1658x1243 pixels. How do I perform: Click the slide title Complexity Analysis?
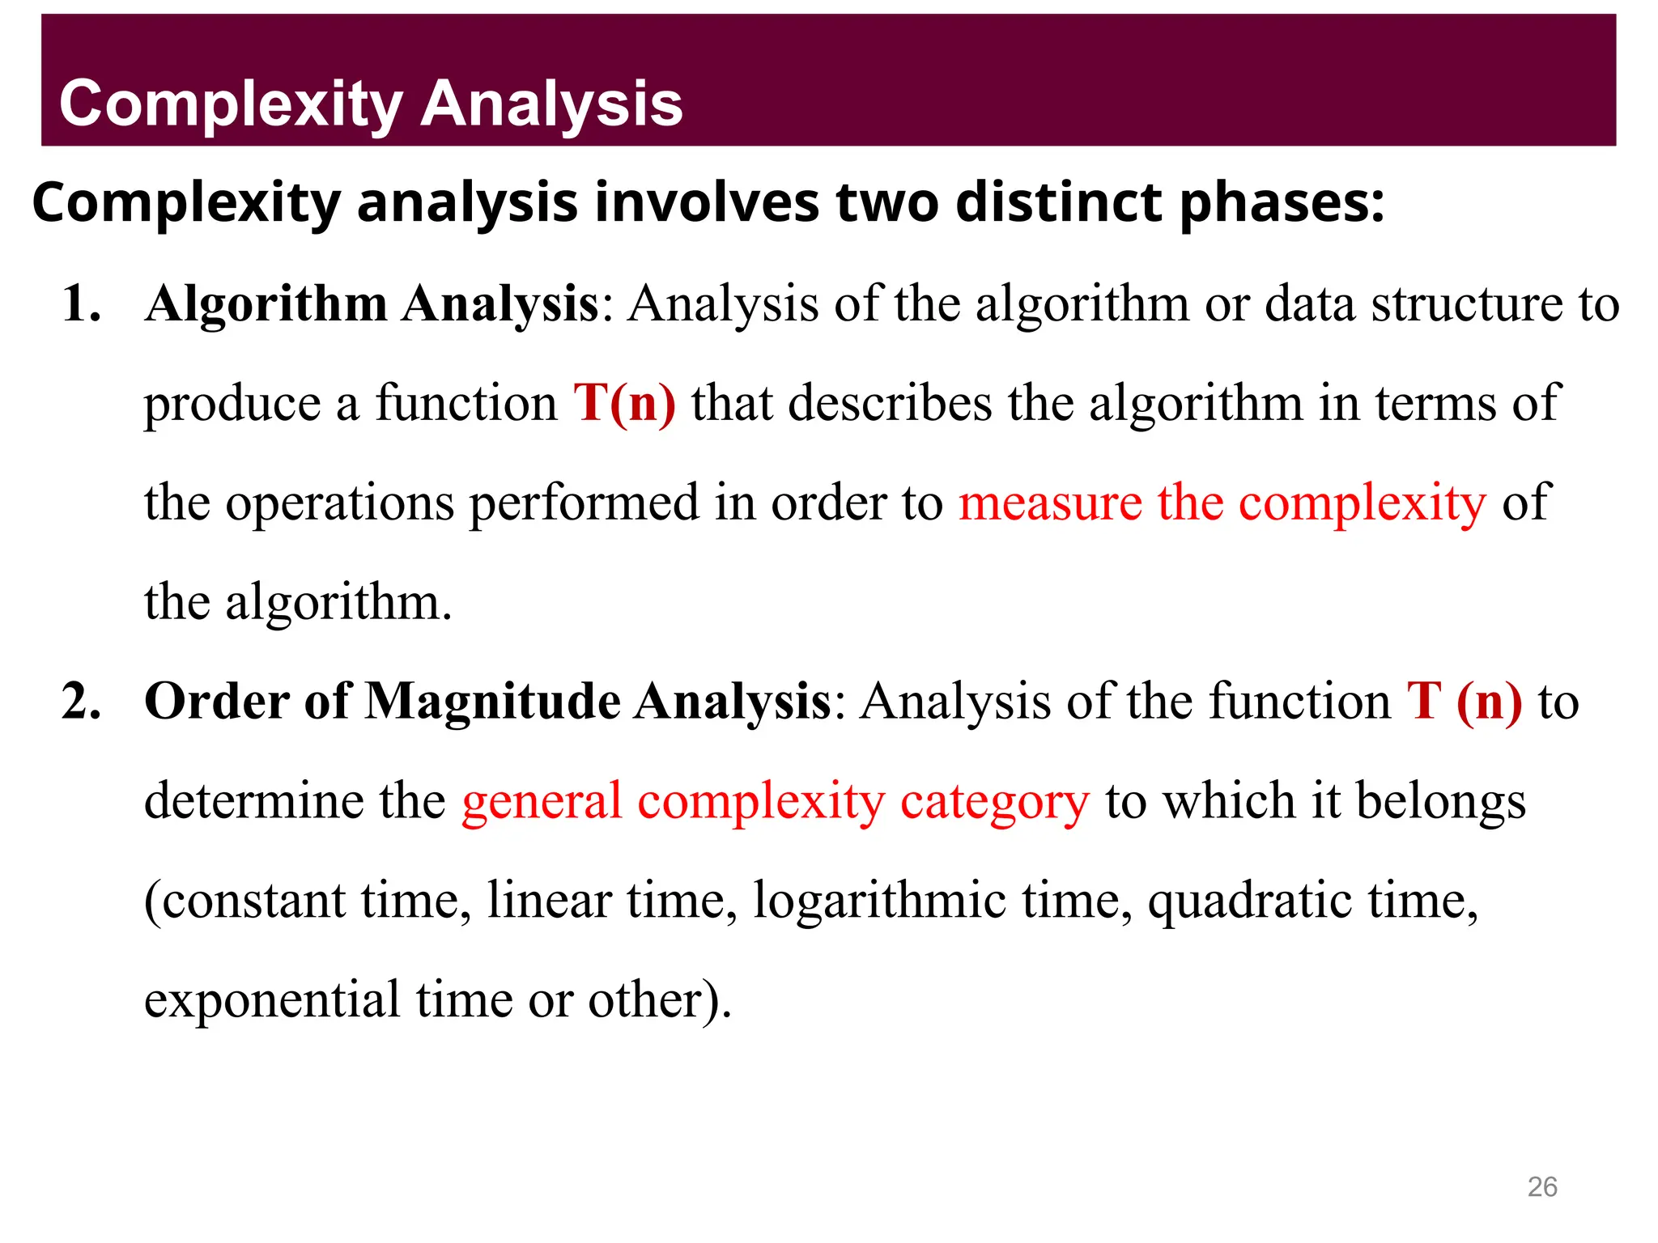pos(371,104)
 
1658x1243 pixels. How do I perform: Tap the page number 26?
pos(1541,1186)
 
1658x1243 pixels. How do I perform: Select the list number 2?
pos(82,701)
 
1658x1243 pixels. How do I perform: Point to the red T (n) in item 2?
pos(1464,701)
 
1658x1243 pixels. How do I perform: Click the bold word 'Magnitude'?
pos(493,701)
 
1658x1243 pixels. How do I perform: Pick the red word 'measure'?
pos(1050,503)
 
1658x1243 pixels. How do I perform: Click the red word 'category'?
pos(995,802)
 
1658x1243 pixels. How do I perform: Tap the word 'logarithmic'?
pos(880,900)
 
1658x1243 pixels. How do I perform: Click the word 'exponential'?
pos(272,999)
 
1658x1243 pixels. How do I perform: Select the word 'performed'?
pos(585,503)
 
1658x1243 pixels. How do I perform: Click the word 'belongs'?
pos(1441,800)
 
